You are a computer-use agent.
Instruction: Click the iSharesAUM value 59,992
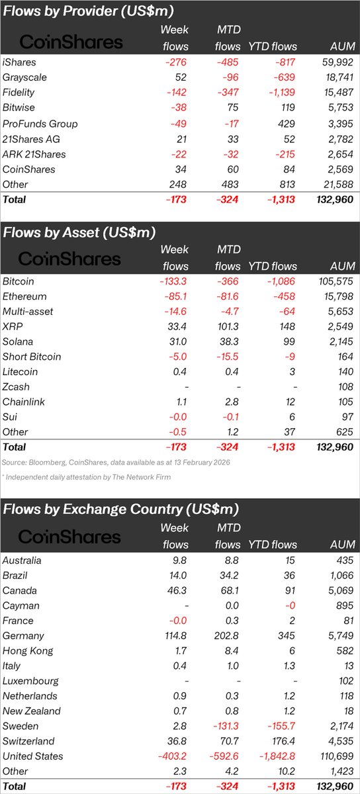pyautogui.click(x=338, y=62)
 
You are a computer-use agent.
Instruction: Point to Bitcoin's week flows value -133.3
pyautogui.click(x=174, y=281)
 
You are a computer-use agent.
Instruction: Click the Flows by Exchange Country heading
pyautogui.click(x=120, y=509)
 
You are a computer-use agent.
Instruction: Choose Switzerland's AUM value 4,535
pyautogui.click(x=341, y=742)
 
